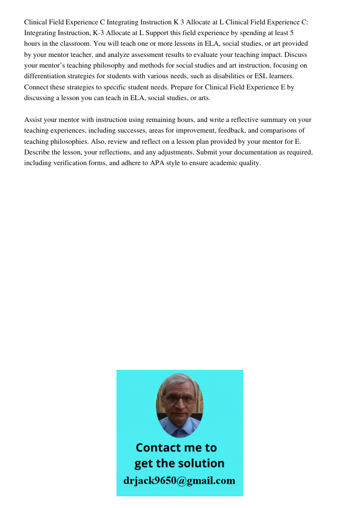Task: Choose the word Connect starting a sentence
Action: (37, 87)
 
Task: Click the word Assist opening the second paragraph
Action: (34, 120)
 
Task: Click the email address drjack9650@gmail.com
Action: (179, 481)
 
